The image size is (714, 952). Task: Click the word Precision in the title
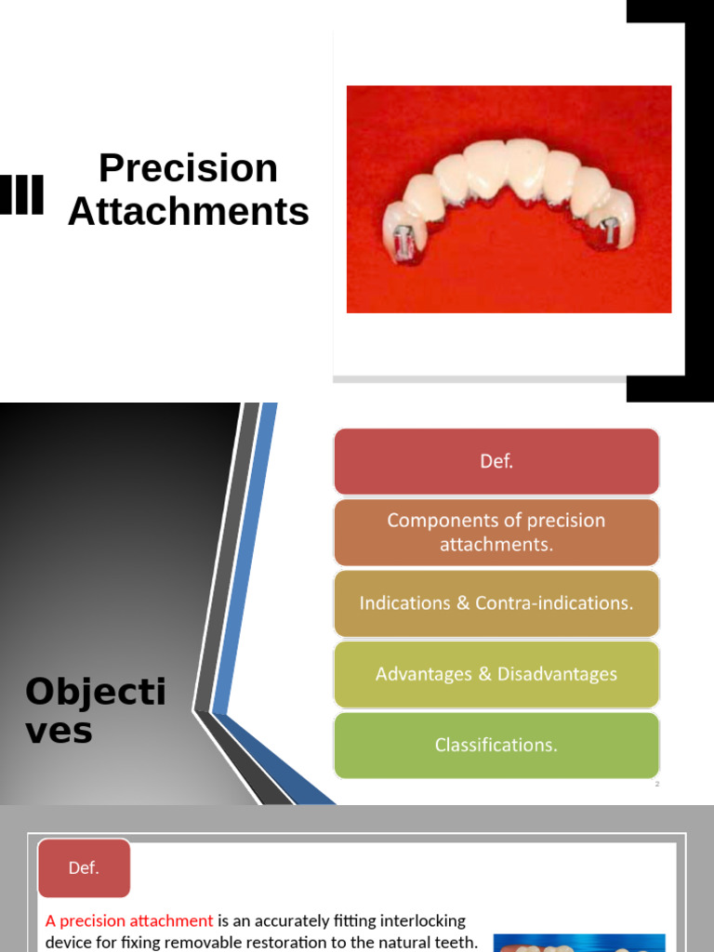coord(188,168)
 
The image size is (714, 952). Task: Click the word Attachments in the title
coord(188,212)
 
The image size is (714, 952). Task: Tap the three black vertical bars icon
coord(21,194)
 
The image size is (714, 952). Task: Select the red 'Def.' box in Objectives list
coord(496,461)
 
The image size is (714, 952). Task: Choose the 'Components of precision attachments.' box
coord(496,533)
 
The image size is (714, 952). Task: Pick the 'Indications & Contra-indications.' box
coord(496,603)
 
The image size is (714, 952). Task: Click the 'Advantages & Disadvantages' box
coord(496,674)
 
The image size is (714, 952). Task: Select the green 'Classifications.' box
coord(496,745)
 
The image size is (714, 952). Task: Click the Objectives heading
coord(95,710)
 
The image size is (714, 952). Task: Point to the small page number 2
coord(656,785)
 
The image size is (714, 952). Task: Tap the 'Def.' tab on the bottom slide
coord(84,868)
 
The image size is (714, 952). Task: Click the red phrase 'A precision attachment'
coord(129,921)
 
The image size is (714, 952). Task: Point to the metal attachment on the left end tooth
coord(405,237)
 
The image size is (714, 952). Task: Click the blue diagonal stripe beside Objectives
coord(244,558)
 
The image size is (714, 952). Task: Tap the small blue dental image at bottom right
coord(578,943)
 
